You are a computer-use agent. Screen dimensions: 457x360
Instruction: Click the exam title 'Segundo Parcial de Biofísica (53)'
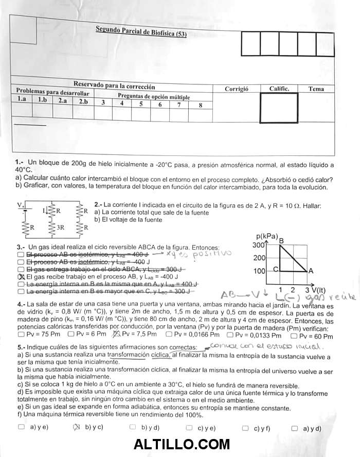pyautogui.click(x=141, y=31)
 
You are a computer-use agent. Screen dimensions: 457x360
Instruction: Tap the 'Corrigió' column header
pyautogui.click(x=237, y=89)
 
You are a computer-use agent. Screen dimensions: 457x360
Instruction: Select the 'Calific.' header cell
pyautogui.click(x=279, y=89)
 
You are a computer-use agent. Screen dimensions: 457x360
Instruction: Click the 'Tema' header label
pyautogui.click(x=316, y=89)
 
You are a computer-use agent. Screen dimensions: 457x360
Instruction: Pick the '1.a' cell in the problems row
pyautogui.click(x=22, y=99)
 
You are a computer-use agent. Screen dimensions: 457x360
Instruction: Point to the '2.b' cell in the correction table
pyautogui.click(x=83, y=101)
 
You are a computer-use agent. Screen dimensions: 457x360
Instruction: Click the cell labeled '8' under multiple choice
pyautogui.click(x=200, y=105)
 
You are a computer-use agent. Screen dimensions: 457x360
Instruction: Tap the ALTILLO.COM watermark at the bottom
pyautogui.click(x=182, y=444)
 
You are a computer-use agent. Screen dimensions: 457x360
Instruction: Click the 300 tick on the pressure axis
pyautogui.click(x=259, y=245)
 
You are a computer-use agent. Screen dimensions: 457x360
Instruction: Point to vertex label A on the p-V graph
pyautogui.click(x=311, y=271)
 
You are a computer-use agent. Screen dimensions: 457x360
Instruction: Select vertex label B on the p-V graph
pyautogui.click(x=281, y=239)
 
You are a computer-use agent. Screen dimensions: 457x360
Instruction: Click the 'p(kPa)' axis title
pyautogui.click(x=266, y=237)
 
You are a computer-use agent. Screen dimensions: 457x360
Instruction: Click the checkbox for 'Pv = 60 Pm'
pyautogui.click(x=294, y=336)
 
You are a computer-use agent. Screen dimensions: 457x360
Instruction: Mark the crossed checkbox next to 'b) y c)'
pyautogui.click(x=77, y=427)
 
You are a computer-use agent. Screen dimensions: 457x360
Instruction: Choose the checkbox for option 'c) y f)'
pyautogui.click(x=245, y=427)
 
